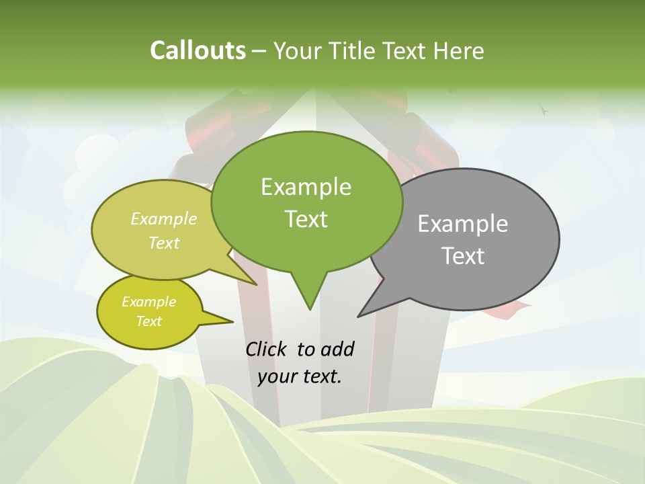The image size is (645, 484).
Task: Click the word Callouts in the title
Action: coord(198,50)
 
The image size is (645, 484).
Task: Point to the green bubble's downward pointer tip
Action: coord(310,309)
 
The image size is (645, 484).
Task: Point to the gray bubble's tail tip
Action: coord(359,316)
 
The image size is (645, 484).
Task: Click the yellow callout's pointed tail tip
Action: coord(232,321)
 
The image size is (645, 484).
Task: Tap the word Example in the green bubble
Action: coord(306,187)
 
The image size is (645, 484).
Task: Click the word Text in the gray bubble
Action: coord(463,256)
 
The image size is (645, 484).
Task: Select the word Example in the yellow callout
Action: coord(148,302)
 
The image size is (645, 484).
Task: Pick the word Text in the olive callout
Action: coord(164,243)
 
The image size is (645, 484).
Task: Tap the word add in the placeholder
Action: coord(337,349)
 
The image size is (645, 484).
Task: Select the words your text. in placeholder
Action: coord(300,376)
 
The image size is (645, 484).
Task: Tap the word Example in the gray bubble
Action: coord(463,223)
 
